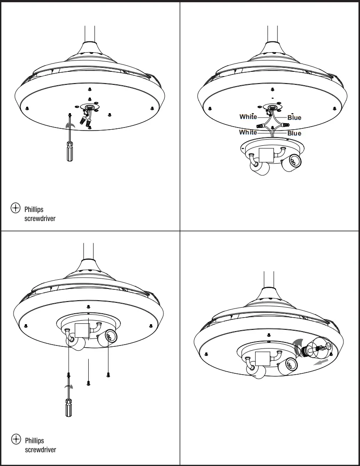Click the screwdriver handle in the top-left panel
[x=69, y=152]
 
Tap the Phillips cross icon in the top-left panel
[x=16, y=208]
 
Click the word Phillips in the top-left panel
[x=34, y=210]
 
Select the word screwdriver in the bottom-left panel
[x=40, y=449]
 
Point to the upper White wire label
[x=248, y=117]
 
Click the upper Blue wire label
[x=294, y=117]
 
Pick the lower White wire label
[x=248, y=132]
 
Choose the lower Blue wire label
[x=294, y=133]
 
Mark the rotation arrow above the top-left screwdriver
[x=70, y=125]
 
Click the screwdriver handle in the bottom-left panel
[x=68, y=409]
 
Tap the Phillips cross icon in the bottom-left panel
[x=16, y=439]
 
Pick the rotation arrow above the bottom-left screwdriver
[x=69, y=386]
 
